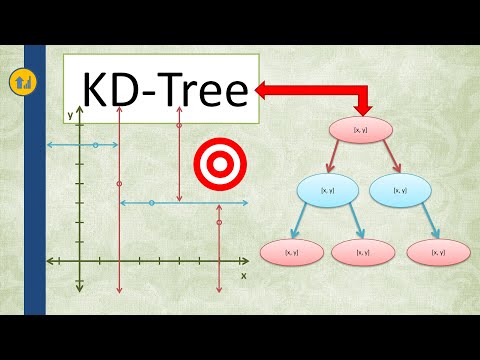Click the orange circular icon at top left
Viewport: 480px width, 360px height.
click(x=19, y=81)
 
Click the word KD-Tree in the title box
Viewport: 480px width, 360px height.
click(x=165, y=92)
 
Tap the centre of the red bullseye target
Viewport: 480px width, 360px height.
click(x=214, y=159)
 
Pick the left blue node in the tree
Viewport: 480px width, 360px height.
click(x=327, y=190)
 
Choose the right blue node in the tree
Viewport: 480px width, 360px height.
click(x=399, y=190)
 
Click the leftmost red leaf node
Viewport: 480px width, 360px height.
click(x=291, y=253)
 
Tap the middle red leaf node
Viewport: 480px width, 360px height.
click(x=362, y=253)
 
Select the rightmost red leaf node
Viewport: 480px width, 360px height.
click(x=438, y=253)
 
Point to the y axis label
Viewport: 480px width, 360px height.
click(x=70, y=116)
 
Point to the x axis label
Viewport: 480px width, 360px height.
click(x=243, y=274)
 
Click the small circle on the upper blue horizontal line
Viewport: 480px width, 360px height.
click(x=95, y=146)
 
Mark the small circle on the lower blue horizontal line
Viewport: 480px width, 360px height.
click(x=151, y=203)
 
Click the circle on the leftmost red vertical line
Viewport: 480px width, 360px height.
click(x=119, y=185)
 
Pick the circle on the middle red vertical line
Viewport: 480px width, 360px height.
click(x=179, y=126)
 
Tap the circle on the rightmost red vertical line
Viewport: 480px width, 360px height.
click(x=218, y=223)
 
